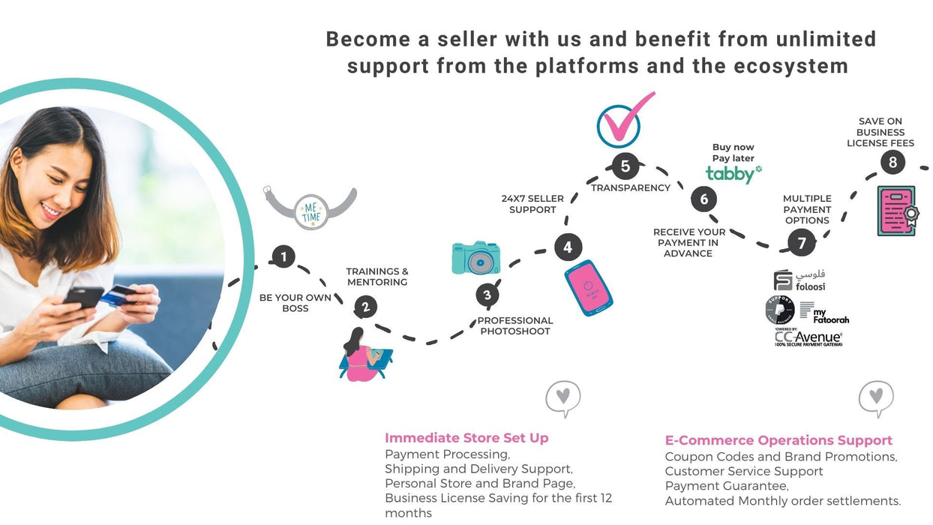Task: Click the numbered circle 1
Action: coord(283,257)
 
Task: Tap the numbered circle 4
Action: coord(568,247)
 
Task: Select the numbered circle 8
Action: coord(892,162)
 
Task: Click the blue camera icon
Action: coord(475,258)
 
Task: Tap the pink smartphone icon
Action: coord(589,287)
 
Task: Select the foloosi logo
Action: coord(799,280)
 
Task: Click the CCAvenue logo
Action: coord(808,339)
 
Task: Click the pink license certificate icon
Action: coord(897,211)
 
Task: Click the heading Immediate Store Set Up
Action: coord(466,438)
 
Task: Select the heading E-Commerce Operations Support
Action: coord(778,440)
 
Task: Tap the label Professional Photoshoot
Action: coord(515,325)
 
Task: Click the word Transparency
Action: coord(631,187)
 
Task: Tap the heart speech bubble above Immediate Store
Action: coord(563,397)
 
